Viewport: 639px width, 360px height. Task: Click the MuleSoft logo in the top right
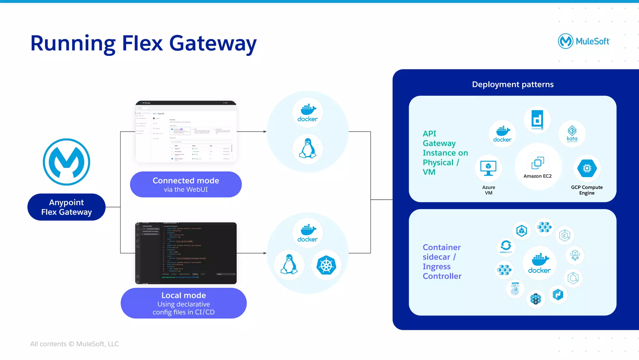(x=583, y=41)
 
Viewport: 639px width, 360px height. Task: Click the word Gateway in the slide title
(x=213, y=43)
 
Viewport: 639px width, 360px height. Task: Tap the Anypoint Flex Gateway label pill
(x=66, y=207)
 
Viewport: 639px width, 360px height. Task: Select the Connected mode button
(x=186, y=184)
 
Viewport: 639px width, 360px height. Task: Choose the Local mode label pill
(x=183, y=303)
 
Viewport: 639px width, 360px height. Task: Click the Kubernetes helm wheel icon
(x=326, y=265)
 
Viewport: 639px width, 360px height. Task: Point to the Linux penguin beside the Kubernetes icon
(x=289, y=264)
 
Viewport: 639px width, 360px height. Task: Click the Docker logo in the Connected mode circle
(x=307, y=113)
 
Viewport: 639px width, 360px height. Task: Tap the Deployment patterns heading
(x=513, y=84)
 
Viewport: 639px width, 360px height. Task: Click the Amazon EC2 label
(x=537, y=176)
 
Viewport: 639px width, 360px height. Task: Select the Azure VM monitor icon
(x=488, y=168)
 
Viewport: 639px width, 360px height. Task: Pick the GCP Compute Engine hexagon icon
(x=587, y=168)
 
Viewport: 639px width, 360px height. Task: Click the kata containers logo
(x=572, y=134)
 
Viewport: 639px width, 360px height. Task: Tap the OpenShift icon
(x=506, y=246)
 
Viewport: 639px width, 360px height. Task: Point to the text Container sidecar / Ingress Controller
(x=442, y=262)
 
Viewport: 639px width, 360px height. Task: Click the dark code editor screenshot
(x=186, y=253)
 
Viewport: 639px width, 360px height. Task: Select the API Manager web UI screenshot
(x=186, y=131)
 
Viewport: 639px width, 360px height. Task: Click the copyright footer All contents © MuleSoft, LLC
(x=74, y=344)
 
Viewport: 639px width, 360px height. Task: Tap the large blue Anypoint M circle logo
(x=66, y=162)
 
